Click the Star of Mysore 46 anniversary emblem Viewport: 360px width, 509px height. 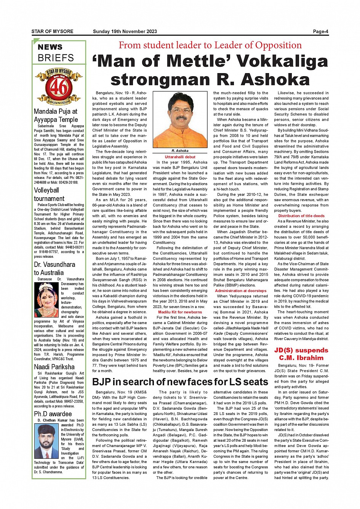(x=59, y=86)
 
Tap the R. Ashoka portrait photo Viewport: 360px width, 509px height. (x=180, y=120)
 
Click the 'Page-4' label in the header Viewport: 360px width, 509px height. (x=320, y=32)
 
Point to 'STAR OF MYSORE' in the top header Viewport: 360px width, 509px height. (x=53, y=32)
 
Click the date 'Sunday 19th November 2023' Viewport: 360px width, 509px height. (x=125, y=32)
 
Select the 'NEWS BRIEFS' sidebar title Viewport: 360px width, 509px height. (x=56, y=53)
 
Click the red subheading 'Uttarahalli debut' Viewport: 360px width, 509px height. (x=180, y=157)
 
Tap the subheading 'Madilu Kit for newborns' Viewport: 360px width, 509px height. (x=180, y=312)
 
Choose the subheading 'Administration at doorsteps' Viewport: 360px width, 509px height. (x=241, y=291)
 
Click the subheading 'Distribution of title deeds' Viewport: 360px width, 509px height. (x=301, y=216)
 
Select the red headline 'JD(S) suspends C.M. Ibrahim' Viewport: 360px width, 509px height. (x=301, y=354)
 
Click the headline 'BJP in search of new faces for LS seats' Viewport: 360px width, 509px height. (x=180, y=382)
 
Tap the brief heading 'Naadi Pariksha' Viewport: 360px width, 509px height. (x=54, y=367)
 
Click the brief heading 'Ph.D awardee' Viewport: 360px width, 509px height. (x=53, y=414)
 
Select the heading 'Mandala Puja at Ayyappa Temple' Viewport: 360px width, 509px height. (x=56, y=115)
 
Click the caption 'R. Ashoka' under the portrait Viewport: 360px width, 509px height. (x=180, y=151)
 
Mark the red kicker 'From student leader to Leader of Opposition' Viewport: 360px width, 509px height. (x=210, y=45)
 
